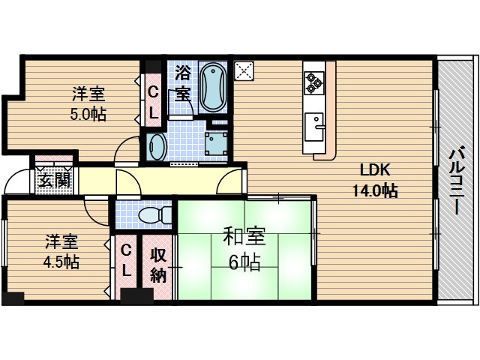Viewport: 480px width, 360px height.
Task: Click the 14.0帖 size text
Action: coord(375,190)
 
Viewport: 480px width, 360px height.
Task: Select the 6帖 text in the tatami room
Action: coord(244,262)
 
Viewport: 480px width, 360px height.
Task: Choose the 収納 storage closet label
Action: coord(157,265)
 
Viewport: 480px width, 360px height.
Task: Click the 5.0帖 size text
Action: coord(88,115)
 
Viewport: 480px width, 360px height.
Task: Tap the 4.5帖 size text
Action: coord(61,262)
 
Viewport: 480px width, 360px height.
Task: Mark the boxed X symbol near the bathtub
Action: coord(244,70)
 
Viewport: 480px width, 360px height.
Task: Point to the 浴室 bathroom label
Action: coord(182,83)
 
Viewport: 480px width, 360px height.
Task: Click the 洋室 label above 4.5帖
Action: coord(61,241)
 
